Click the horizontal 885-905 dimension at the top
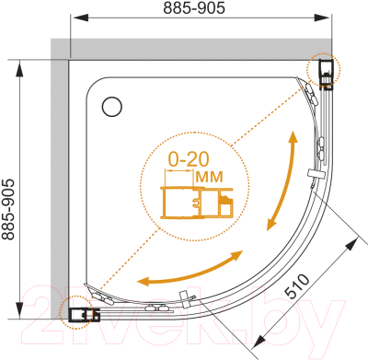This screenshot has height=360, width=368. point(194,8)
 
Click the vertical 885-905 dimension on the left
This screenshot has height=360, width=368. point(8,209)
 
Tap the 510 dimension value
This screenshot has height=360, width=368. point(296,286)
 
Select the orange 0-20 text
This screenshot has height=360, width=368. point(189,159)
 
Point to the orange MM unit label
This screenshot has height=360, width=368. point(209,177)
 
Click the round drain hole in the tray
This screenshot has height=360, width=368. point(112,107)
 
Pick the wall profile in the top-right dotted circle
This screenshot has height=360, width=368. point(326,75)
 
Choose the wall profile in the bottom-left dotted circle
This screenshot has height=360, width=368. point(84,314)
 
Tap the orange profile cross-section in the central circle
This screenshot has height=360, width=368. point(197,203)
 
